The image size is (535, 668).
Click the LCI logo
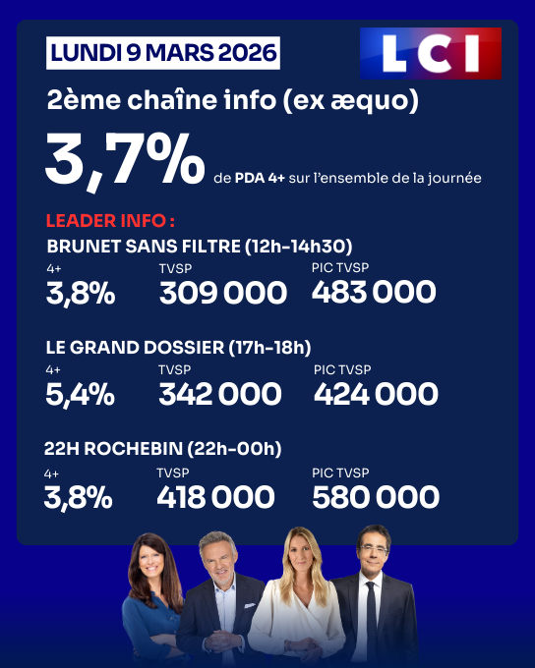click(430, 53)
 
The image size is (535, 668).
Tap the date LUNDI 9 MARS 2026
click(163, 51)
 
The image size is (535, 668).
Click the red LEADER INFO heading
click(110, 221)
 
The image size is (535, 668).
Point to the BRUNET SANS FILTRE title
click(200, 246)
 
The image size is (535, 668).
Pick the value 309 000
click(222, 292)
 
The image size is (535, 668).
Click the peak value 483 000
click(374, 292)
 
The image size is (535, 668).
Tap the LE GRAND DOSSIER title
click(178, 347)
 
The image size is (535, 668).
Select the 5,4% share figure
click(80, 394)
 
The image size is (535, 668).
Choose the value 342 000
click(219, 394)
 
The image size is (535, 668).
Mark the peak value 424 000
click(376, 394)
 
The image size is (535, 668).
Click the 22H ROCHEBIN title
click(163, 449)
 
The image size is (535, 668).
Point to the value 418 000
click(217, 497)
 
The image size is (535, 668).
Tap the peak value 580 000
click(375, 497)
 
